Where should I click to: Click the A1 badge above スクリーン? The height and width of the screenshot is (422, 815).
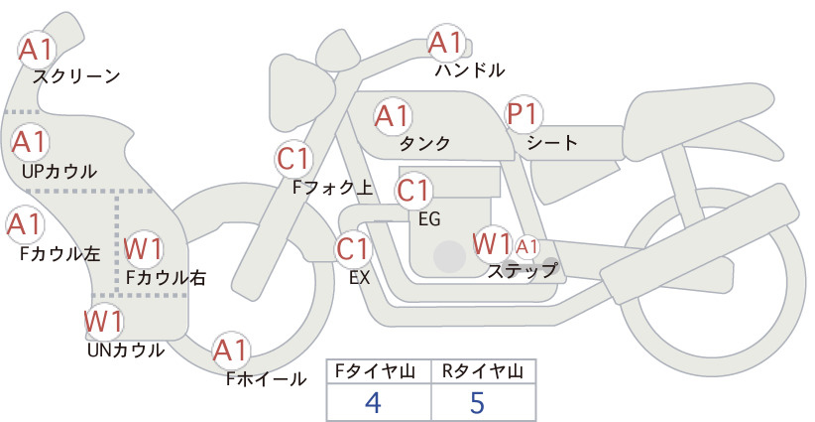coord(42,47)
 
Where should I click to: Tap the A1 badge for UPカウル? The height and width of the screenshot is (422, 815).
coord(31,142)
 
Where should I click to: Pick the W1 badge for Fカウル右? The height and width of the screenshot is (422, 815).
coord(145,248)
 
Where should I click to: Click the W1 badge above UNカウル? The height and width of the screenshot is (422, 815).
coord(104,320)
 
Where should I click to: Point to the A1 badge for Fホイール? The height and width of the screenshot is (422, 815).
coord(232,351)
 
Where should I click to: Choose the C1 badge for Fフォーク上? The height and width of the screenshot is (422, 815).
coord(295,158)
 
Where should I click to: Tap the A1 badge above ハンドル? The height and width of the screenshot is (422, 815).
coord(446,43)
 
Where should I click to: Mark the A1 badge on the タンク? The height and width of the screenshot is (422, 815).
coord(393,115)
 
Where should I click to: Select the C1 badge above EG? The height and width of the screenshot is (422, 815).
coord(415,190)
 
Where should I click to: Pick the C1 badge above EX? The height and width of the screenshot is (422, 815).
coord(354,247)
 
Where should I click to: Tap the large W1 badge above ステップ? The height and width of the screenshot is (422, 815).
coord(493,242)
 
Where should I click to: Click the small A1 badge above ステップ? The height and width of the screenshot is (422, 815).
coord(528,245)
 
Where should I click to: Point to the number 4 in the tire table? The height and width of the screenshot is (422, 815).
coord(374,402)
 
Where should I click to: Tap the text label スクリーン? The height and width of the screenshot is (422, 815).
coord(76,75)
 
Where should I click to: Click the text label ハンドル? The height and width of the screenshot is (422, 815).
coord(470,70)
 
